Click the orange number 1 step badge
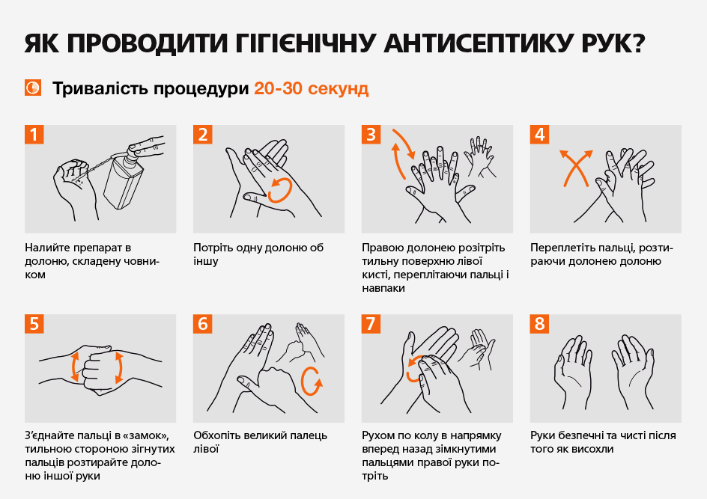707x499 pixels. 34,134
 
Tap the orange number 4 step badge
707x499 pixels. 539,134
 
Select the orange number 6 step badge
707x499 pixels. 202,323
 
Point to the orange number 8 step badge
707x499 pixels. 539,323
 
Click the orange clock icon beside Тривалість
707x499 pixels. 33,88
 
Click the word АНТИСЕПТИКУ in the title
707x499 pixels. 476,43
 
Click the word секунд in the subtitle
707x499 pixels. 339,89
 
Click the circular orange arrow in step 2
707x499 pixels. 280,190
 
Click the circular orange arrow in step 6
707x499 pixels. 312,382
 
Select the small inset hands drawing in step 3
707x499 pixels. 481,156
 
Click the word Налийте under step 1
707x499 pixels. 47,248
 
